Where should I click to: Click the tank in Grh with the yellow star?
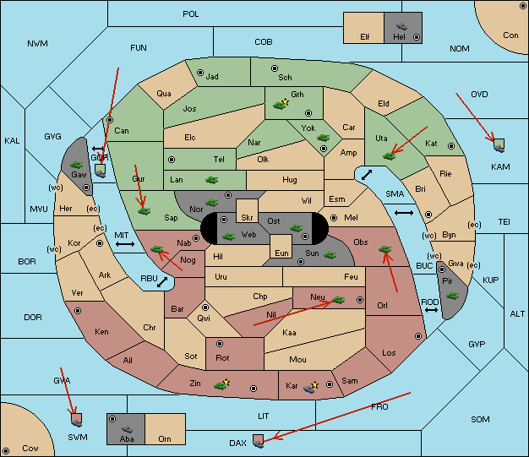point(280,105)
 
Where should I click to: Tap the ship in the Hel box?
point(401,26)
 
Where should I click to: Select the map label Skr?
point(247,218)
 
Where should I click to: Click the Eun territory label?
point(281,253)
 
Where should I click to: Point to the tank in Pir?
point(452,296)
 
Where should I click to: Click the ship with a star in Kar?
point(310,387)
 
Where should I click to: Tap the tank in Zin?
point(221,385)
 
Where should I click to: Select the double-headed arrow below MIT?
point(125,244)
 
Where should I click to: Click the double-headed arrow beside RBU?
point(162,282)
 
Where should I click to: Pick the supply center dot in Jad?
point(200,73)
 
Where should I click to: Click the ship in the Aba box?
point(127,429)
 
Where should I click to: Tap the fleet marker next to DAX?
point(259,441)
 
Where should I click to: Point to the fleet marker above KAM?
point(499,145)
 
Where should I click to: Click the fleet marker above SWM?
point(77,420)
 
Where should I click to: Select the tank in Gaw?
point(77,164)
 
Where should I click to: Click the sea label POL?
point(191,14)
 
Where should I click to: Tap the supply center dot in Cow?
point(6,451)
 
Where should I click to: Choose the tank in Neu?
point(338,300)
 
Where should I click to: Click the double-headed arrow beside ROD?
point(431,310)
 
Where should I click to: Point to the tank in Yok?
point(323,138)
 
